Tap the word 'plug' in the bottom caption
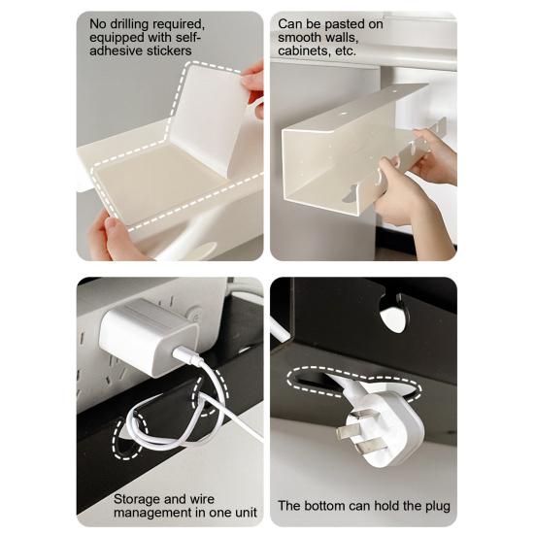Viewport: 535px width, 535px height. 435,506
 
